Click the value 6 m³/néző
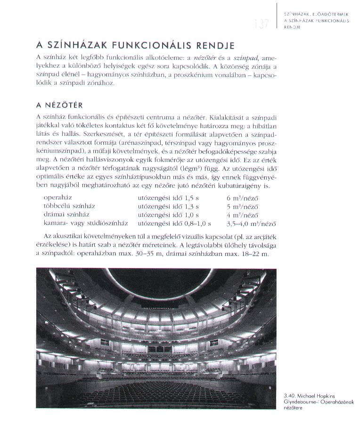(242, 198)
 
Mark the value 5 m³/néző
(242, 206)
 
